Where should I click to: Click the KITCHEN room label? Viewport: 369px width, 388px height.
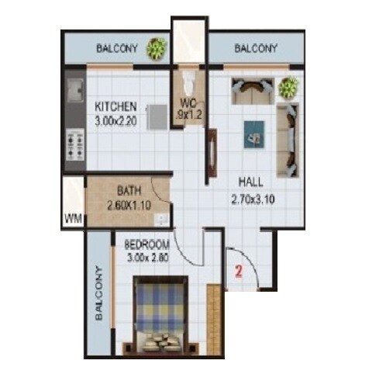click(x=116, y=106)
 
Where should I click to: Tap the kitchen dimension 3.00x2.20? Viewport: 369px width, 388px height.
click(x=116, y=120)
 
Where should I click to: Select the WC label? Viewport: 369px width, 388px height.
click(x=188, y=102)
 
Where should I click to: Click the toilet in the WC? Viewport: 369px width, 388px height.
click(x=187, y=82)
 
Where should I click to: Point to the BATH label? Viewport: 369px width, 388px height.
click(x=128, y=190)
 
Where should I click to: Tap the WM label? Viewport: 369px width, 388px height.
click(x=74, y=217)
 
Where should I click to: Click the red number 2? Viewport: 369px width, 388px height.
click(x=240, y=272)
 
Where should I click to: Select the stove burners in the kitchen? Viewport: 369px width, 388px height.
click(x=75, y=144)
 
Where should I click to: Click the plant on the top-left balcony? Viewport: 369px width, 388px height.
click(x=157, y=48)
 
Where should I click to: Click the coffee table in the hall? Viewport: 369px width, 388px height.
click(x=253, y=133)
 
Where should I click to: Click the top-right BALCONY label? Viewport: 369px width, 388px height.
click(x=255, y=48)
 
